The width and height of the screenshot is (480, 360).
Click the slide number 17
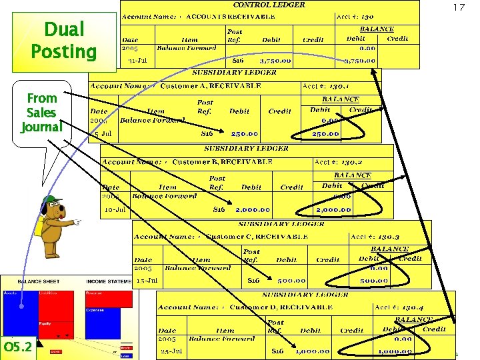click(459, 7)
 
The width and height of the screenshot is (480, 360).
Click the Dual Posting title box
click(63, 40)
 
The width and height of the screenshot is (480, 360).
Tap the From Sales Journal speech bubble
click(41, 112)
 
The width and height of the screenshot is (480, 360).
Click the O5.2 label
click(17, 347)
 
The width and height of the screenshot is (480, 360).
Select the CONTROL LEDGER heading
click(269, 5)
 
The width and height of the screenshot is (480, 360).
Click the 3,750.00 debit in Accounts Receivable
click(275, 61)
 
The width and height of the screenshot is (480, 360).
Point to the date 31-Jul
click(137, 61)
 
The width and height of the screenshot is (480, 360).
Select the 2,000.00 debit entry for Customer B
click(252, 209)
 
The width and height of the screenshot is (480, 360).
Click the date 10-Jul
click(114, 209)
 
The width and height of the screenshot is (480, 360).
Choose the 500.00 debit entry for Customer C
click(292, 281)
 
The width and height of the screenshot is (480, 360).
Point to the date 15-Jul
click(147, 281)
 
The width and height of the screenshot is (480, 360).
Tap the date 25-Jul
click(172, 351)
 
